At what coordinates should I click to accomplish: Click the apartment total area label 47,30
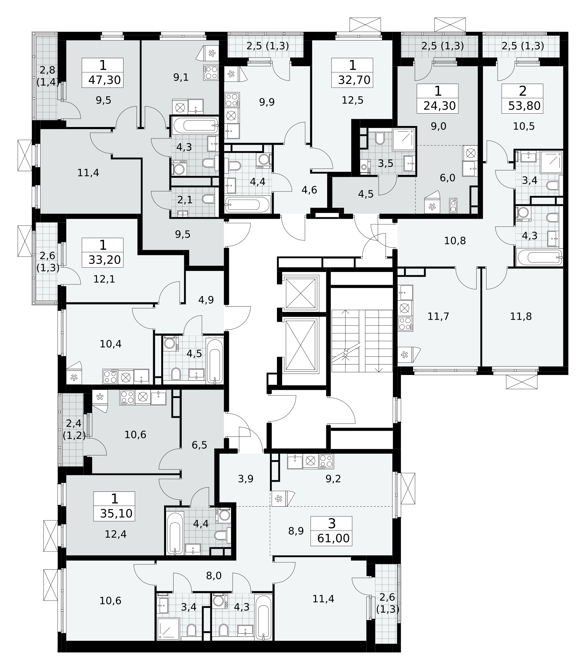[x=104, y=80]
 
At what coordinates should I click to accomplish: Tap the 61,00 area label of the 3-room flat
[x=333, y=538]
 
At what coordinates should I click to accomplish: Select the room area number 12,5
[x=352, y=100]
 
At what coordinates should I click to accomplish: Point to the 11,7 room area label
[x=438, y=316]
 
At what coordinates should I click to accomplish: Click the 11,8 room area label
[x=521, y=316]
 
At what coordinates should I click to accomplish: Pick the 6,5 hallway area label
[x=199, y=445]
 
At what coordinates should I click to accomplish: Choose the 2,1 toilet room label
[x=185, y=200]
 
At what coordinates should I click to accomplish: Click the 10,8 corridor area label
[x=455, y=241]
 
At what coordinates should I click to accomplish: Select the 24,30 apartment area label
[x=440, y=105]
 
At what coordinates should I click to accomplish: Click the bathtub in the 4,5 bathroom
[x=215, y=361]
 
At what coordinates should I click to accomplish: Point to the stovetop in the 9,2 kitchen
[x=326, y=461]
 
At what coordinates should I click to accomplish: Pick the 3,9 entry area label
[x=246, y=479]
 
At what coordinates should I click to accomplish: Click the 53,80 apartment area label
[x=525, y=105]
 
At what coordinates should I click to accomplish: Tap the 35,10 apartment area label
[x=116, y=513]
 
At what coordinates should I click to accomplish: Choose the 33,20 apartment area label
[x=104, y=260]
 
